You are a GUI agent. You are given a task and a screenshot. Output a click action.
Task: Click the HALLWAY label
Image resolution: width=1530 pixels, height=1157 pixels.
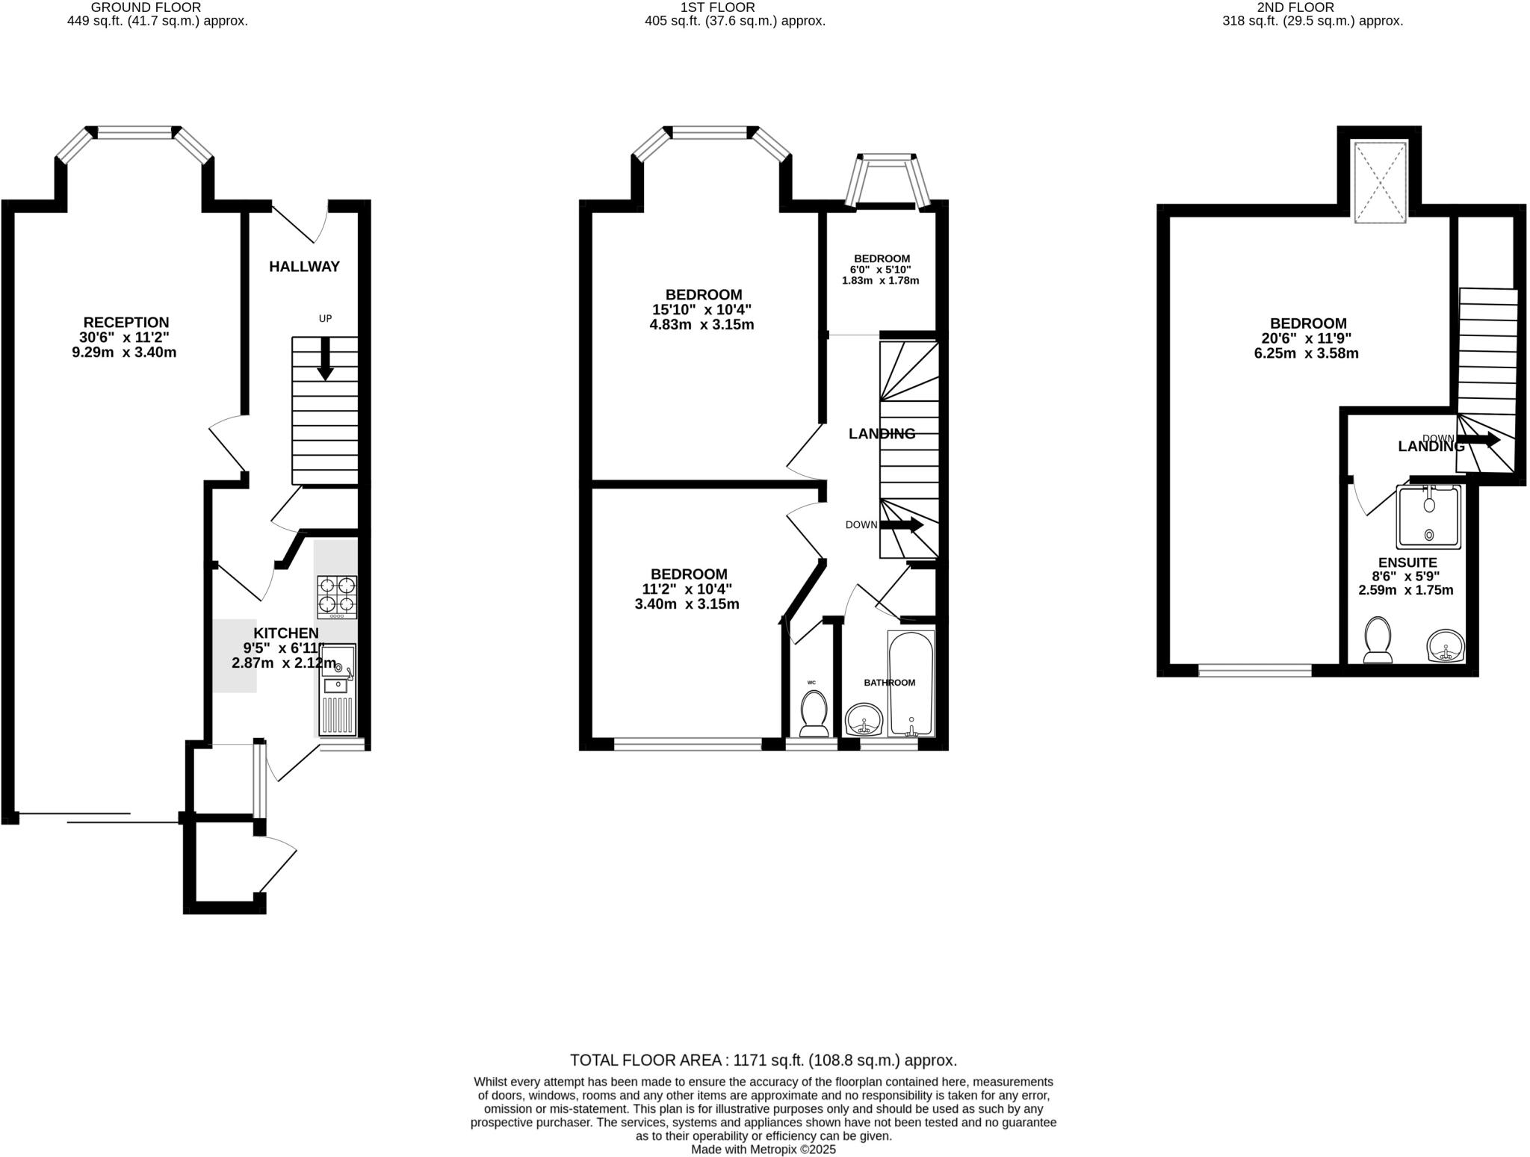point(304,267)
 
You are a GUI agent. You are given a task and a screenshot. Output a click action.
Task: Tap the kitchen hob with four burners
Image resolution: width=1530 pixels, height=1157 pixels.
point(337,597)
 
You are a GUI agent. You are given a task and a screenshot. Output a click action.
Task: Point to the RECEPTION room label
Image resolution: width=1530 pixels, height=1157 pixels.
point(126,323)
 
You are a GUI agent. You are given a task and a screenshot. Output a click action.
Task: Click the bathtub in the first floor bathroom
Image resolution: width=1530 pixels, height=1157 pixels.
point(911,683)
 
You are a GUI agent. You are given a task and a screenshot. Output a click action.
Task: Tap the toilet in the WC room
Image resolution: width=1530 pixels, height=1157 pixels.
point(813,713)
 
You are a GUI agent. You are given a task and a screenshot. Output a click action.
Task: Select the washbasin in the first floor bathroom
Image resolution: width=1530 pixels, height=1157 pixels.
point(864,721)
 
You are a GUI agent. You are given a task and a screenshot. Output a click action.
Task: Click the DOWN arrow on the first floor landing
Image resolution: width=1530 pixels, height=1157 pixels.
point(902,525)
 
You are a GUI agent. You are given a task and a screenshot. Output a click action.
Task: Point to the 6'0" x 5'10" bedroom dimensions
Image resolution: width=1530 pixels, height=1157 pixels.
point(881,270)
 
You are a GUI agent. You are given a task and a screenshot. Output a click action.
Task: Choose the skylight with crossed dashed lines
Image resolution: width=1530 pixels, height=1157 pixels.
point(1381,182)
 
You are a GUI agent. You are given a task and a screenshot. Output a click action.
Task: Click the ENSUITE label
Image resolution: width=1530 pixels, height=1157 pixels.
point(1407,562)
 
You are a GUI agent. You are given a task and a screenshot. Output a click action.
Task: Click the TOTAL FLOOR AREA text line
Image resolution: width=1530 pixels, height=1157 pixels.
point(763,1060)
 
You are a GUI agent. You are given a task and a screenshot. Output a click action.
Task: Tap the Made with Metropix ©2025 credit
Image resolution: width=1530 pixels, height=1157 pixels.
point(763,1150)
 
